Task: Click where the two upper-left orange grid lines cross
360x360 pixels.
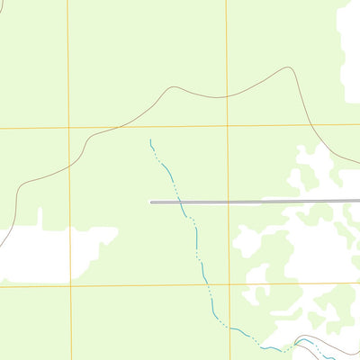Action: tap(68, 128)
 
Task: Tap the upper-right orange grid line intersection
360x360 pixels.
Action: tap(227, 126)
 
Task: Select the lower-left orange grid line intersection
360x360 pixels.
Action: tap(70, 286)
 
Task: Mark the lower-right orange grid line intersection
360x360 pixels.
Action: tap(229, 284)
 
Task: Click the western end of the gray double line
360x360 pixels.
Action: tap(151, 202)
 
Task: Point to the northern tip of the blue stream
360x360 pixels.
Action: tap(150, 140)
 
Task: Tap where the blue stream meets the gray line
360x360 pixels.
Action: tap(182, 202)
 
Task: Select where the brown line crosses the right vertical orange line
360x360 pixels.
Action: tap(227, 94)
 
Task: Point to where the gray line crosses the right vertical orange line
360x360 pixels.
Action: tap(228, 202)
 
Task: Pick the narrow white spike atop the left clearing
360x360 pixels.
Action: tap(40, 216)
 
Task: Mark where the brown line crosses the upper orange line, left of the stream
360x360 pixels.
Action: tap(106, 128)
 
